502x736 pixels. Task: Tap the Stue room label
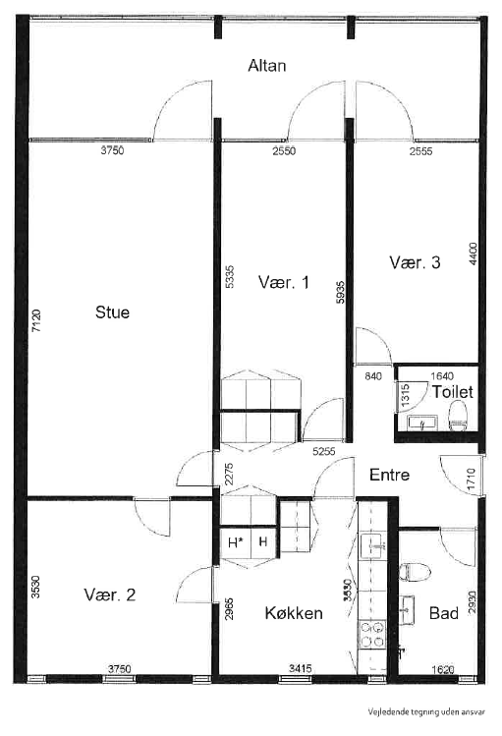pos(112,312)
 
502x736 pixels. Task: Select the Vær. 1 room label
pos(283,283)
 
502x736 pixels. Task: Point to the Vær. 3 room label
pos(415,262)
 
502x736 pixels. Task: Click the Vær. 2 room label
pos(109,594)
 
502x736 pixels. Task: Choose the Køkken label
pos(294,613)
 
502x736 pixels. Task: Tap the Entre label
pos(389,475)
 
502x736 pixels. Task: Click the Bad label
pos(444,613)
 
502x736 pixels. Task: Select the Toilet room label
pos(452,391)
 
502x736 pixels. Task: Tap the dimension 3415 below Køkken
pos(301,669)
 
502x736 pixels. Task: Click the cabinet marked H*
pos(236,542)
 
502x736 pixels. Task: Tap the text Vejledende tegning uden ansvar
pos(426,714)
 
